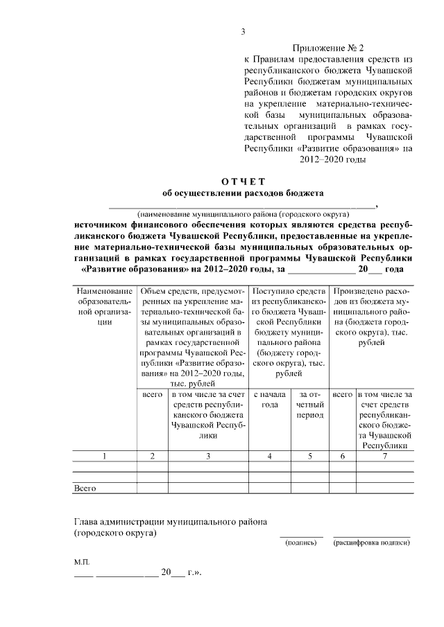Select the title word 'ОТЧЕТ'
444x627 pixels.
(243, 181)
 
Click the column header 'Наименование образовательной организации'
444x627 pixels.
(105, 306)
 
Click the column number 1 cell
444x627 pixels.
(105, 455)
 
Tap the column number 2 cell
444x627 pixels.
(152, 455)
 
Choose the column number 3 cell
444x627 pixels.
(208, 455)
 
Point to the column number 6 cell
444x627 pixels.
(343, 455)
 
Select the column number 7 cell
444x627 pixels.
(384, 455)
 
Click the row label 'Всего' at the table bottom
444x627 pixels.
(85, 488)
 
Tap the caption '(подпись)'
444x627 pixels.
(301, 542)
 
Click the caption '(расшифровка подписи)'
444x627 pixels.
(371, 542)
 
